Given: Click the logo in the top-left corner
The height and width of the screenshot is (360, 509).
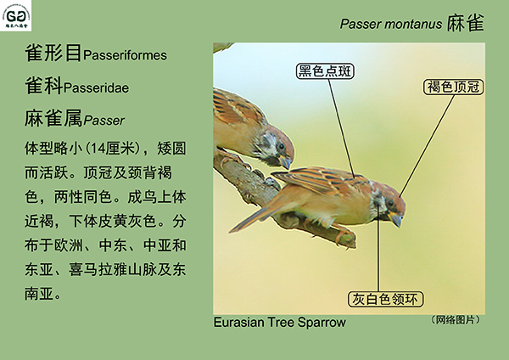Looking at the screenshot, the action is click(15, 15).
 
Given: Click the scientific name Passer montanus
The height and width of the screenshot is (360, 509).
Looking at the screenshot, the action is click(391, 24).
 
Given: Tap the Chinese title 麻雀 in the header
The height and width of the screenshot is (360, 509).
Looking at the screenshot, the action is click(466, 23).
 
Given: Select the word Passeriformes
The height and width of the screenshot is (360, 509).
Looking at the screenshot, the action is click(125, 55).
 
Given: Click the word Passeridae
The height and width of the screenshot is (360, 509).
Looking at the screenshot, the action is click(97, 87).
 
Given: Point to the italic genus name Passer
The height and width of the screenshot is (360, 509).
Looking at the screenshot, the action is click(103, 121).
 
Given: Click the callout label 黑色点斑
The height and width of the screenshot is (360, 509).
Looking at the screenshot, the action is click(325, 71).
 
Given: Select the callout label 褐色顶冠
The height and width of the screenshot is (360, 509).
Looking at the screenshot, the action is click(453, 87).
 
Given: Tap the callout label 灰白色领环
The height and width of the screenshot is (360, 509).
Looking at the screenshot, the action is click(385, 299).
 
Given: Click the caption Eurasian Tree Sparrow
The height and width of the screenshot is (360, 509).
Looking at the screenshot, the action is click(279, 323).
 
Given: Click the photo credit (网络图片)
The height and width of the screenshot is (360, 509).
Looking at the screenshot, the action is click(456, 320).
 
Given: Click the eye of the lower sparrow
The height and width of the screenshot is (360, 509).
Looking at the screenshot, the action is click(390, 203).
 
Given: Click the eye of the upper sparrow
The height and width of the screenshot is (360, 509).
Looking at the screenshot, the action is click(281, 146).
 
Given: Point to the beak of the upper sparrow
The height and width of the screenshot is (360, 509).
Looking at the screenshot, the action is click(286, 161).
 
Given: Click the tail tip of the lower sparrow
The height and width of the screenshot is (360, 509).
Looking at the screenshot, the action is click(231, 231).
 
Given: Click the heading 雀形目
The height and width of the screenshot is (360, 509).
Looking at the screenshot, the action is click(53, 53).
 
